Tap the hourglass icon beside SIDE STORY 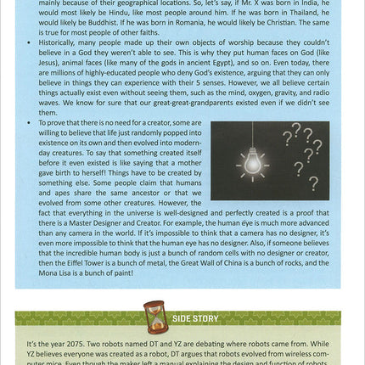[155, 317]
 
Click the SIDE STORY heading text [195, 319]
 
